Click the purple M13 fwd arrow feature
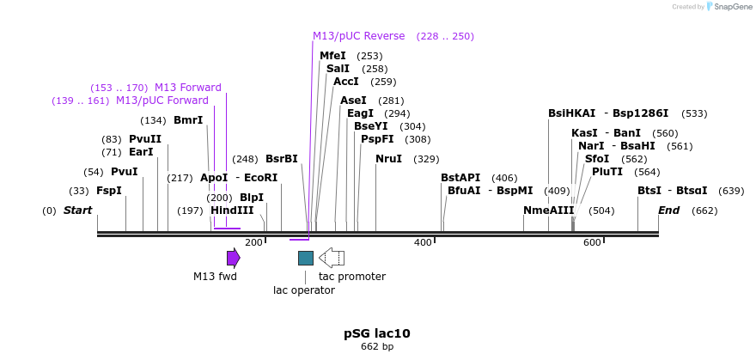(233, 258)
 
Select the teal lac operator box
(305, 258)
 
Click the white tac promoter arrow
(332, 258)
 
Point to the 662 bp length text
(377, 347)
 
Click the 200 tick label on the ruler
(253, 243)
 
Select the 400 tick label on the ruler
(423, 243)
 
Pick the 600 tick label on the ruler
(592, 243)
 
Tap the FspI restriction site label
(109, 191)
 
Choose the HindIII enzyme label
(232, 211)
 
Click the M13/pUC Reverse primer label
(358, 36)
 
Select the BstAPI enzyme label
(460, 178)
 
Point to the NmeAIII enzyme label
(548, 211)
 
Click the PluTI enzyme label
(607, 172)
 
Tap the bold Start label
(77, 211)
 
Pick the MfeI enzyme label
(332, 56)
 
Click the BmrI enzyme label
(188, 120)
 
